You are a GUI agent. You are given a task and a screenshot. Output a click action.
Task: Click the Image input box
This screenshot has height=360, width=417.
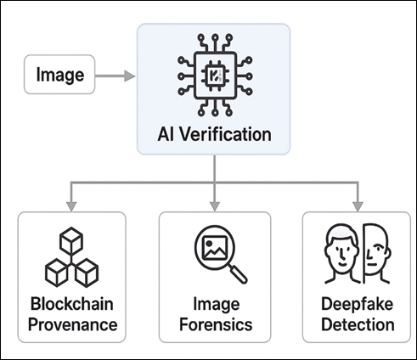click(x=59, y=76)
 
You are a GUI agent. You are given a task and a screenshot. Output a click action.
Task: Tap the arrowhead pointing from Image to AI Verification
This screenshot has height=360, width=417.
click(x=129, y=76)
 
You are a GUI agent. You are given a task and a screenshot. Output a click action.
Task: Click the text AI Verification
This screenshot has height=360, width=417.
click(x=214, y=133)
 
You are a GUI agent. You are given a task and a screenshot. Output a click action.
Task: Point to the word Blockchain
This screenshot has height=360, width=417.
click(x=71, y=304)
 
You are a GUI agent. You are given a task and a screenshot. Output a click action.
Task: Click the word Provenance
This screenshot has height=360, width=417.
click(x=71, y=324)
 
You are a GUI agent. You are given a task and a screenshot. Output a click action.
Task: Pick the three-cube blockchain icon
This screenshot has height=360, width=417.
click(x=70, y=258)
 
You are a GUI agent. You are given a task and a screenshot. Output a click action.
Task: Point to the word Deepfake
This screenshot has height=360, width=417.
click(x=355, y=304)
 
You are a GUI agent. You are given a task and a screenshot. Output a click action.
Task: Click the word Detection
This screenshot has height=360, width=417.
click(x=355, y=324)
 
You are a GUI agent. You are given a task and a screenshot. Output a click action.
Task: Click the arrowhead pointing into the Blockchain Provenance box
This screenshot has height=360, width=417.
click(x=70, y=205)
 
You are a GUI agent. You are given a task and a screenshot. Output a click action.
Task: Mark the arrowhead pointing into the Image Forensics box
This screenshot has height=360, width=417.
click(x=214, y=205)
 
